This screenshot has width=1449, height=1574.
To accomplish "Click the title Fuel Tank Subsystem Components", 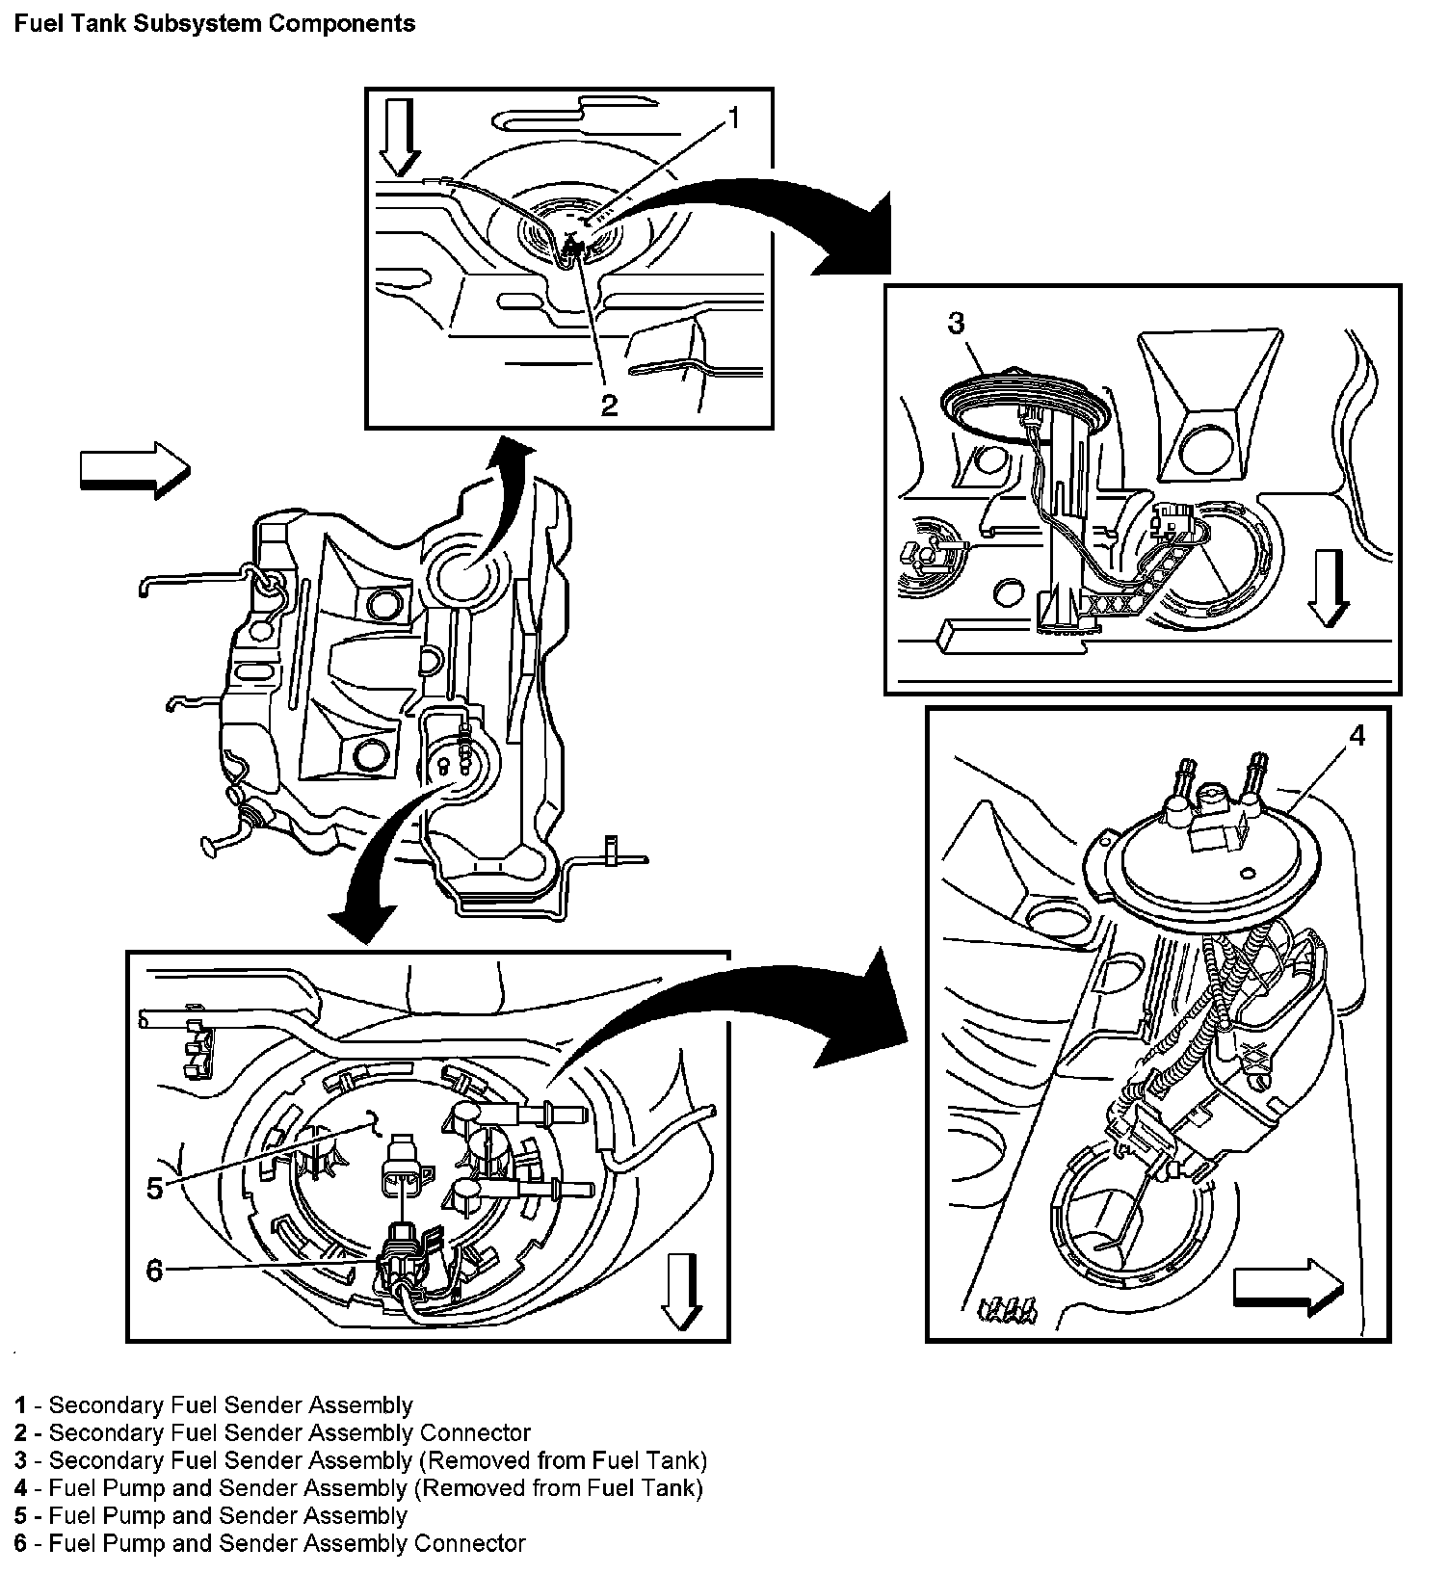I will coord(215,23).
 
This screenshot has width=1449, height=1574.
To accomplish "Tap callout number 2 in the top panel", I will coord(609,405).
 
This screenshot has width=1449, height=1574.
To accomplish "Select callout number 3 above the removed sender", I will coord(955,324).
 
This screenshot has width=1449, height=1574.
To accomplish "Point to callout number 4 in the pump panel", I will coord(1357,736).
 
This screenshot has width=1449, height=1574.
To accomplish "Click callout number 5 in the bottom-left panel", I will coord(155,1188).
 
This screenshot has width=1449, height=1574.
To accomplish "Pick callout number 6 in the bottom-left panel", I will coord(155,1271).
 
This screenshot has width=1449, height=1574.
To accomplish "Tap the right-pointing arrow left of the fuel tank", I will coord(135,470).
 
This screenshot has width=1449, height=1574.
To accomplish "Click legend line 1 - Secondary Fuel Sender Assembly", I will coord(214,1405).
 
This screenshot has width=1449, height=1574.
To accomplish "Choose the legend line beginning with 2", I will coord(273,1433).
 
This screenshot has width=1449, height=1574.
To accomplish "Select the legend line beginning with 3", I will coord(361,1460).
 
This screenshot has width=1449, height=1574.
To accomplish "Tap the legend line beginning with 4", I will coord(359,1488).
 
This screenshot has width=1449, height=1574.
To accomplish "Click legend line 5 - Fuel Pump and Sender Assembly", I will coord(211,1516).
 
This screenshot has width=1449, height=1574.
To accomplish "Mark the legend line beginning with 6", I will coord(271,1544).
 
